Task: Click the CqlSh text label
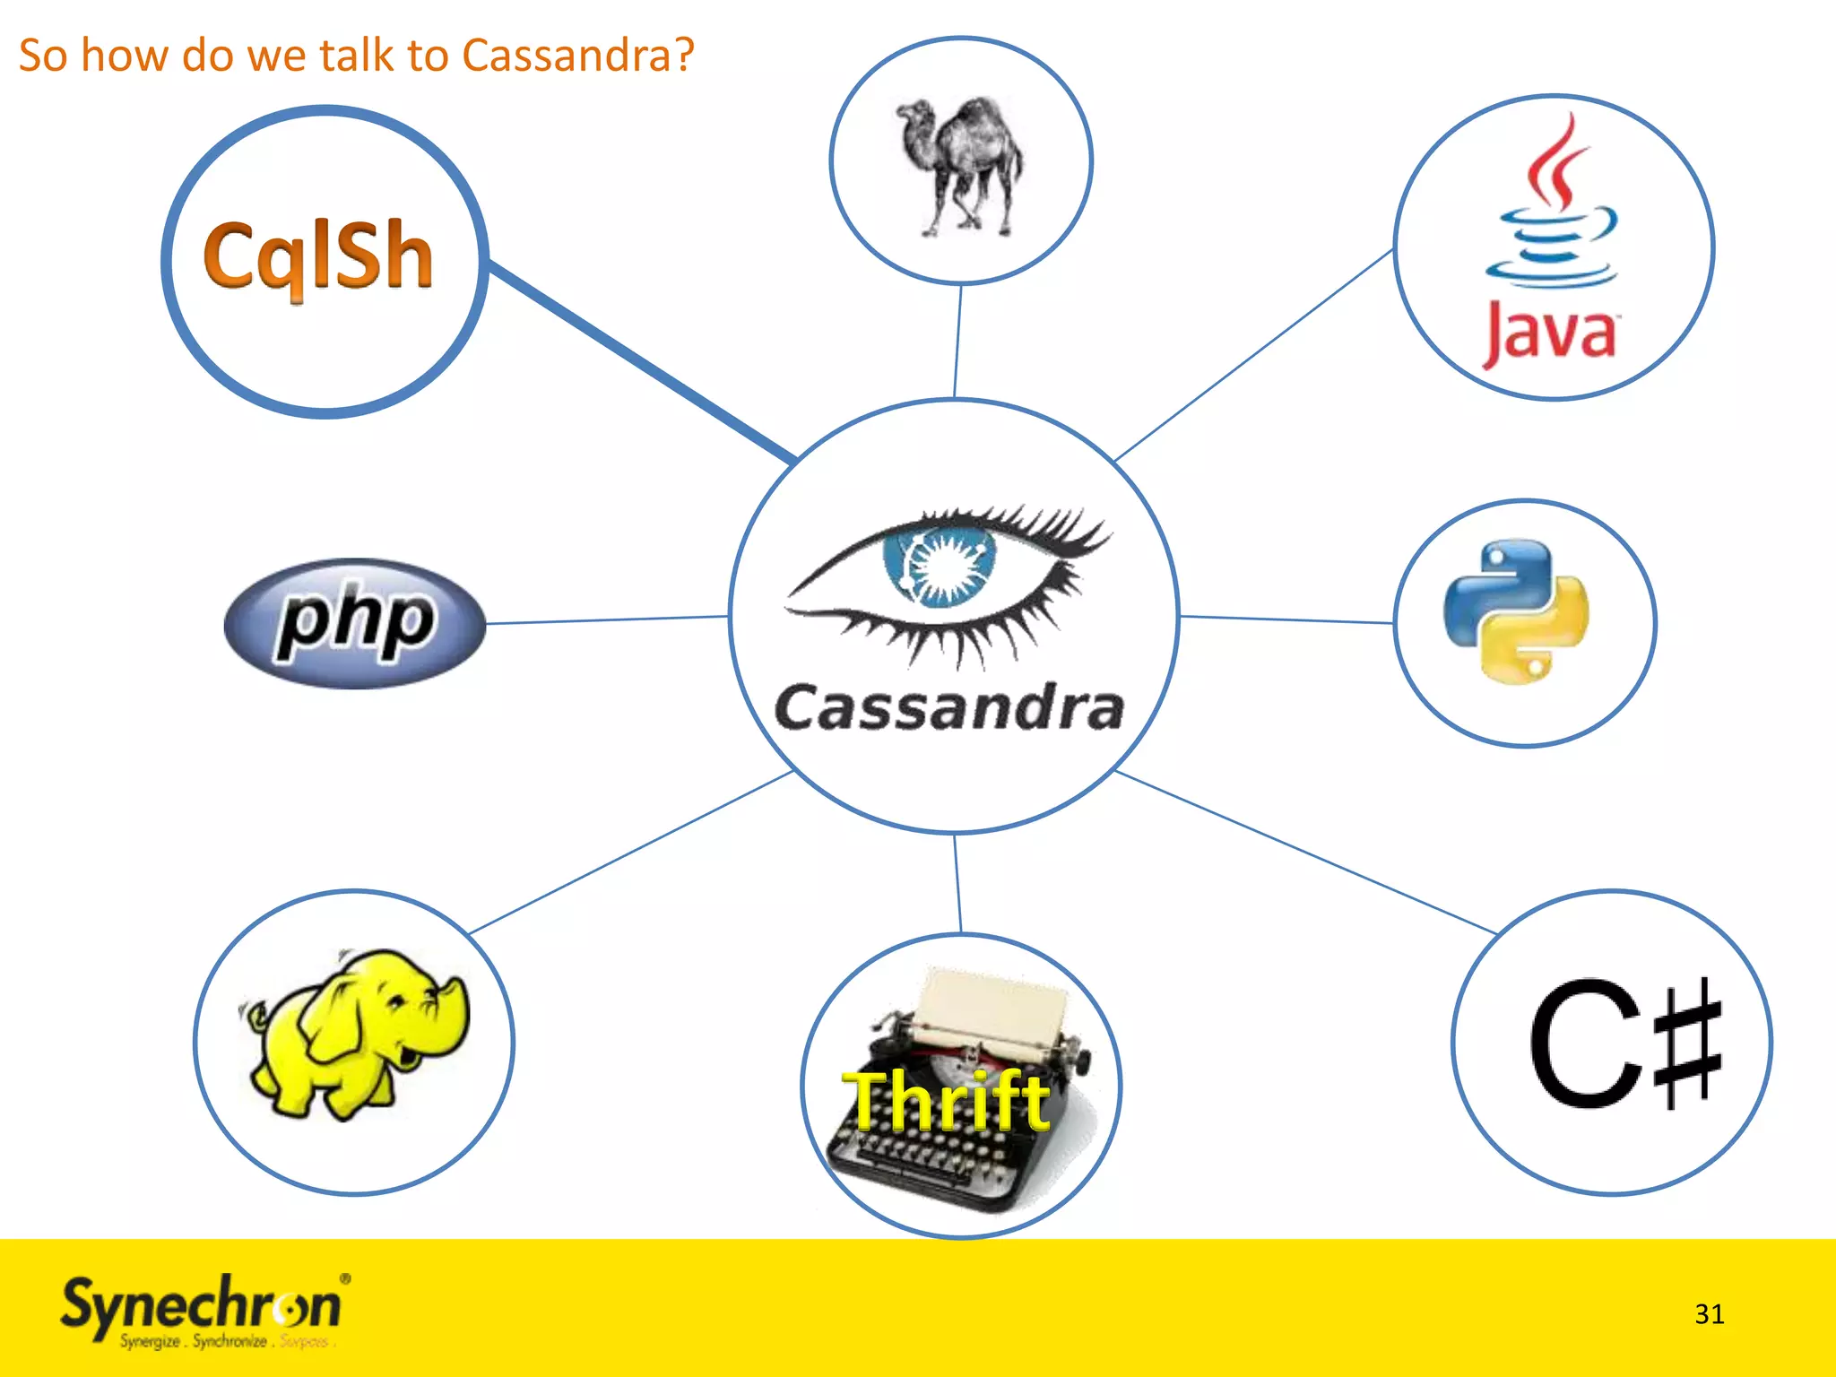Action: [x=318, y=257]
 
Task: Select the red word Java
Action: [x=1550, y=333]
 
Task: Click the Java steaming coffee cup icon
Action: [x=1554, y=211]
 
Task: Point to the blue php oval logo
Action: [x=355, y=623]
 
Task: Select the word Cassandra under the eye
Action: [x=948, y=708]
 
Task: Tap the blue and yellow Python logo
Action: [x=1515, y=612]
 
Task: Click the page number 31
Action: [x=1709, y=1314]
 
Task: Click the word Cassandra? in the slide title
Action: [x=578, y=56]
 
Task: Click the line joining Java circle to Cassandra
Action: [x=1253, y=355]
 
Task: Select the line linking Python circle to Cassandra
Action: [x=1286, y=619]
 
